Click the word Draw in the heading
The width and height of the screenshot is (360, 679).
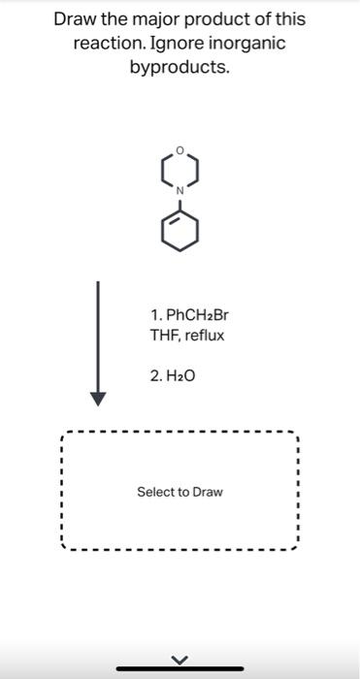click(76, 19)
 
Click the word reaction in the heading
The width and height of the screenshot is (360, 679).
click(108, 45)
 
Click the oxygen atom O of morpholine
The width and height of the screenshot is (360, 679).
click(180, 150)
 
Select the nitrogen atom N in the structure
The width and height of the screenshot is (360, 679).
click(180, 191)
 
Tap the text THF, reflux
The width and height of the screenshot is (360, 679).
click(186, 336)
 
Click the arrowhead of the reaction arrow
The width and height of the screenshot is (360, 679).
click(97, 399)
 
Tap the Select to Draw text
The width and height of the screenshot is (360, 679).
click(180, 492)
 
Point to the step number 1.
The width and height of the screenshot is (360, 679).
click(155, 315)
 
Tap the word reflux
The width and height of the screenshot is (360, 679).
click(203, 336)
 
